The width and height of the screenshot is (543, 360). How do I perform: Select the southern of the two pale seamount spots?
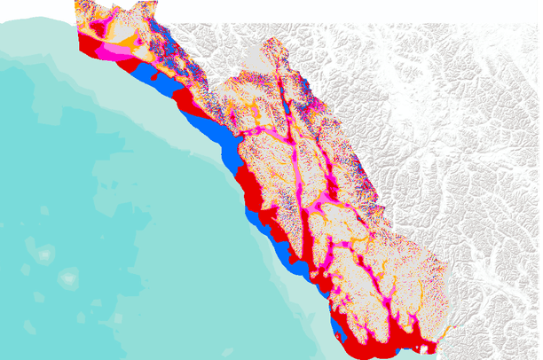pyautogui.click(x=67, y=280)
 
